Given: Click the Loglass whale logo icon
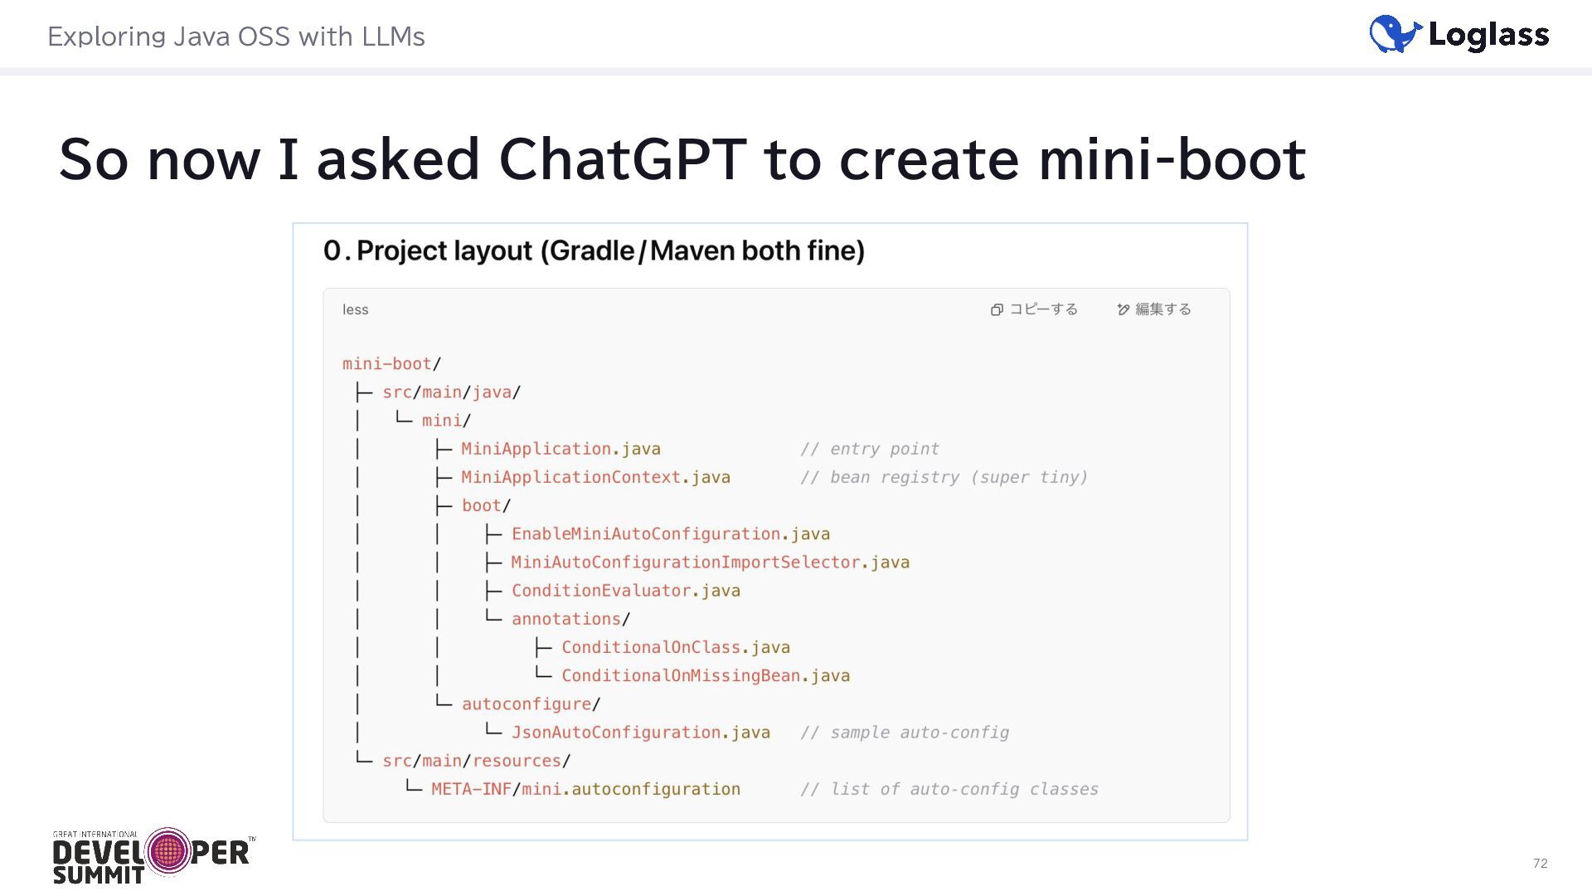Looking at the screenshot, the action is tap(1395, 34).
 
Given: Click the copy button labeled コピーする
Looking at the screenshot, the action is tap(1034, 309).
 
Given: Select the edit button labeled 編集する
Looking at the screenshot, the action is tap(1153, 309).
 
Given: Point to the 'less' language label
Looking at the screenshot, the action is tap(355, 309).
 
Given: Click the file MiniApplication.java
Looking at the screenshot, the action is tap(561, 449).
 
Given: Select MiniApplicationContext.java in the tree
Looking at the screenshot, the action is tap(595, 477).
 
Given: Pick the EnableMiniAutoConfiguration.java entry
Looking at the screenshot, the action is tap(670, 533).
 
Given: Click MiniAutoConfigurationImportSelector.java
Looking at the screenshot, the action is tap(710, 562).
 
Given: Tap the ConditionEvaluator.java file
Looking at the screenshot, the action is tap(625, 591).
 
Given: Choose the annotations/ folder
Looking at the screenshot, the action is tap(570, 619).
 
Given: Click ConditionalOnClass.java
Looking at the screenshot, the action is tap(675, 647).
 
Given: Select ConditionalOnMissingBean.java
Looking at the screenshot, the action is tap(705, 675).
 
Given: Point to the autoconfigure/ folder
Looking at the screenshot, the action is tap(530, 704).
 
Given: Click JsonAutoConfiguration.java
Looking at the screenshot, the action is tap(640, 733).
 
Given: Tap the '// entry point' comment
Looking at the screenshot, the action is tap(869, 449).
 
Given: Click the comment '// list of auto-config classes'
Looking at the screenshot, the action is tap(949, 789).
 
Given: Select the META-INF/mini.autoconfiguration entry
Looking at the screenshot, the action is tap(585, 789).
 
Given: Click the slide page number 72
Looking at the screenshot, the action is tap(1540, 863).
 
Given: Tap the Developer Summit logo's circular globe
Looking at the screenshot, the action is tap(168, 851).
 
